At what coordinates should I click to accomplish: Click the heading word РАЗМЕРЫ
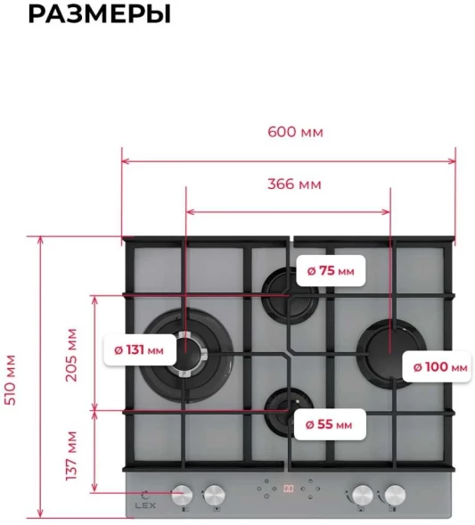click(100, 13)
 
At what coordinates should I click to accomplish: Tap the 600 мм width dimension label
click(295, 132)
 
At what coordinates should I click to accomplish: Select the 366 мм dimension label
click(294, 185)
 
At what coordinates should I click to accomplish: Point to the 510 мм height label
click(11, 380)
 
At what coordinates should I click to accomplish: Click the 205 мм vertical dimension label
click(71, 356)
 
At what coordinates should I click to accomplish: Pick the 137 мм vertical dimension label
click(71, 455)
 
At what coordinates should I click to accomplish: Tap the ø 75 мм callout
click(331, 271)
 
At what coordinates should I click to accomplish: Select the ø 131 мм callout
click(140, 350)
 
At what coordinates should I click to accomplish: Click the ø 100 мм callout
click(438, 367)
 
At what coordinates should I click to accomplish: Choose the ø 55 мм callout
click(330, 424)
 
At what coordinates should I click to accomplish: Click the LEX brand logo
click(145, 501)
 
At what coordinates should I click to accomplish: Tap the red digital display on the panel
click(289, 488)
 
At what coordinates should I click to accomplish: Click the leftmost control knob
click(182, 495)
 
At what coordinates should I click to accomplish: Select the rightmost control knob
click(395, 495)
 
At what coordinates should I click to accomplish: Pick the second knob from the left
click(215, 495)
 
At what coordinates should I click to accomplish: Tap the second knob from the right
click(363, 495)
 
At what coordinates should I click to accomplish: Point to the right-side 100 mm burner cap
click(391, 353)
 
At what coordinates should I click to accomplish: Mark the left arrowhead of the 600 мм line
click(126, 161)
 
